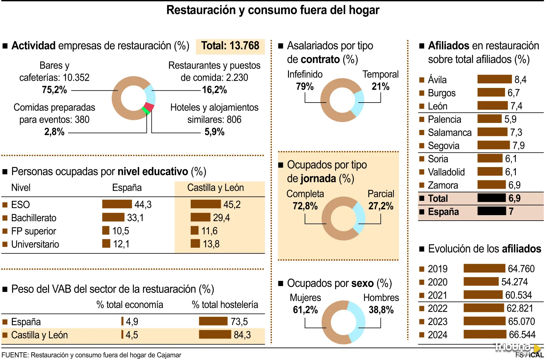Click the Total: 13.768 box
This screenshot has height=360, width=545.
(x=230, y=46)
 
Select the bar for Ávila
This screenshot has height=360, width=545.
(x=494, y=79)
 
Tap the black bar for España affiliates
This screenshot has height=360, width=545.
(x=491, y=211)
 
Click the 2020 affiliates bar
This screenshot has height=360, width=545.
(x=481, y=281)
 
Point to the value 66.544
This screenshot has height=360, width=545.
(x=522, y=334)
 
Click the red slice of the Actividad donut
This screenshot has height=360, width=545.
(x=149, y=107)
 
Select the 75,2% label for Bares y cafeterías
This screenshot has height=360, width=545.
(x=54, y=90)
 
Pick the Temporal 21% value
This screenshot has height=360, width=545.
(x=380, y=86)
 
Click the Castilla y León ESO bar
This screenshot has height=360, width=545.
(x=206, y=204)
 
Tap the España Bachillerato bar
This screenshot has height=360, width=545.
(x=113, y=217)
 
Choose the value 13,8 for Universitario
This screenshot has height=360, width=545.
(x=211, y=244)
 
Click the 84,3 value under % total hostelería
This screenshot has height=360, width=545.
(x=242, y=335)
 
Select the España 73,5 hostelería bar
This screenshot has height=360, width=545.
(x=213, y=321)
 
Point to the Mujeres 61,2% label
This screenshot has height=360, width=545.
(x=305, y=310)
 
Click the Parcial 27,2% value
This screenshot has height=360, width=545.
(x=381, y=206)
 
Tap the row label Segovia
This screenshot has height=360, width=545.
(x=443, y=145)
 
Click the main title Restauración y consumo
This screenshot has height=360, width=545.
(x=272, y=10)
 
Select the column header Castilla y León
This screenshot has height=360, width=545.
(x=215, y=187)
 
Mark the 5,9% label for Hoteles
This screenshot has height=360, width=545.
(x=214, y=132)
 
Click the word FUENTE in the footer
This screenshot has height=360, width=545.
(x=14, y=355)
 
